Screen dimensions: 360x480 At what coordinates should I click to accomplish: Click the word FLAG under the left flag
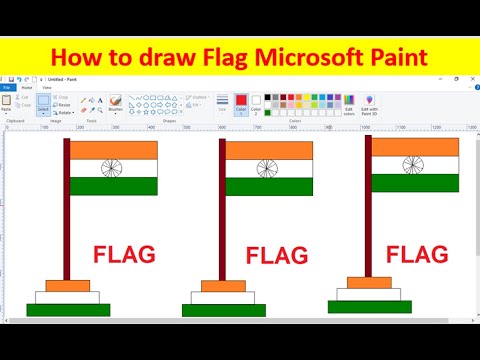124,254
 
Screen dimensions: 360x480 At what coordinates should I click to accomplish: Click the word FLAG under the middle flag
276,257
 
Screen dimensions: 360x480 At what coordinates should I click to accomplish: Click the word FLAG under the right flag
417,254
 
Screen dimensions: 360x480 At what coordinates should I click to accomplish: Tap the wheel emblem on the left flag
111,168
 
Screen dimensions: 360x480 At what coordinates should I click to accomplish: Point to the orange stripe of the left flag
113,150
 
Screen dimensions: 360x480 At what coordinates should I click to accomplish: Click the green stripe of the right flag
415,184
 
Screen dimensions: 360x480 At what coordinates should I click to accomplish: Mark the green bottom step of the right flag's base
370,306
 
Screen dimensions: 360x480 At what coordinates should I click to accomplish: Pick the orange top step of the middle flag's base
223,286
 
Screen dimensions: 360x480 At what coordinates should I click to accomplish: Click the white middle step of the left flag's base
67,297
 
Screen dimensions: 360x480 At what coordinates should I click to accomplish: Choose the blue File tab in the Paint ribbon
7,88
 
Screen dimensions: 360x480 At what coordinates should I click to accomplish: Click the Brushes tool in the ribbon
115,104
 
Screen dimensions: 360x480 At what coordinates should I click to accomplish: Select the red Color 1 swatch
241,102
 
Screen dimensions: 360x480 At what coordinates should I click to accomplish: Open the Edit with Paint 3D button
369,105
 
